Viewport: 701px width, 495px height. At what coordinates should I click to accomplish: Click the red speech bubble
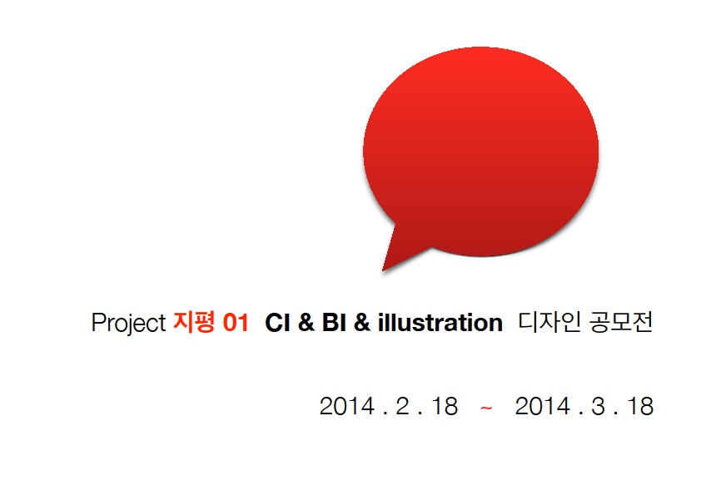[x=480, y=152]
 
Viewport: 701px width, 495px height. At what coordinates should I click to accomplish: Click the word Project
[x=129, y=323]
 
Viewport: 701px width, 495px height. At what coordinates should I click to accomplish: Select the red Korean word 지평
[x=194, y=322]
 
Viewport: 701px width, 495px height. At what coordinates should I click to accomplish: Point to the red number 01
[x=236, y=323]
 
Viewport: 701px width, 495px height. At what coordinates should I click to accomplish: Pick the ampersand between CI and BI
[x=306, y=323]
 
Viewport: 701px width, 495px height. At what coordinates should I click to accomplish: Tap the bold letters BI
[x=334, y=323]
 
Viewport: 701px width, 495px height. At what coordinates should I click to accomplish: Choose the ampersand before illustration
[x=362, y=323]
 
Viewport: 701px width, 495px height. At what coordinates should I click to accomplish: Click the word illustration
[x=440, y=323]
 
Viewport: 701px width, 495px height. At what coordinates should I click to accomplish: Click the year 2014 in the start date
[x=347, y=406]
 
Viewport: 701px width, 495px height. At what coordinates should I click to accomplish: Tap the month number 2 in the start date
[x=402, y=406]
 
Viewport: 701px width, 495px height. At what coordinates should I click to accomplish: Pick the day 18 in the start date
[x=445, y=406]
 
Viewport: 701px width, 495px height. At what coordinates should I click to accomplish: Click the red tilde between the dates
[x=486, y=408]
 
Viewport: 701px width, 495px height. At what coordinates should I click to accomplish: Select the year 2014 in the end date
[x=542, y=406]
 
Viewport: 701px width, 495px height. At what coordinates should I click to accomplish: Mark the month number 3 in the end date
[x=598, y=406]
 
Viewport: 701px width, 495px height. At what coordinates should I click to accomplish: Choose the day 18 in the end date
[x=641, y=406]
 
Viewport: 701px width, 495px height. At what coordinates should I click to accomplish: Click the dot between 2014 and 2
[x=385, y=414]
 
